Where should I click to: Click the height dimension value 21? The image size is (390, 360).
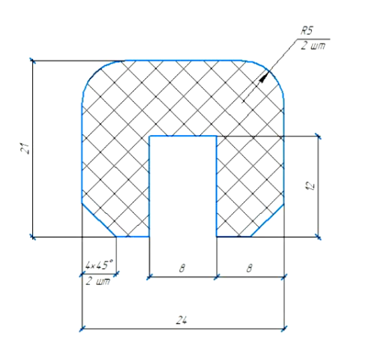[25, 148]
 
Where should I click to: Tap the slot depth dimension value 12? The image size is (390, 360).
[310, 185]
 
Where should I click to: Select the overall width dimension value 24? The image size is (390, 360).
[181, 320]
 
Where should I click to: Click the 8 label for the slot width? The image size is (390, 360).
[182, 268]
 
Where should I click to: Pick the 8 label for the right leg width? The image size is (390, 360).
[249, 268]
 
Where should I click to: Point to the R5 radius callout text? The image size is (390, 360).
[307, 31]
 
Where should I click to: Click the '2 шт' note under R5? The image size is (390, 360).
[313, 46]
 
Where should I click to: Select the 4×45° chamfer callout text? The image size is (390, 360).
[99, 265]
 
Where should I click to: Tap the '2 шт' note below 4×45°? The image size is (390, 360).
[97, 281]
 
